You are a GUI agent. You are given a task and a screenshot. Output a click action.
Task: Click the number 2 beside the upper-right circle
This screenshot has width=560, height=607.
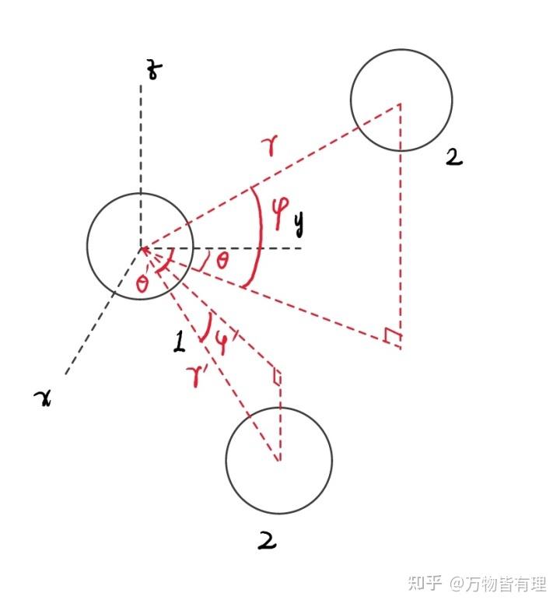tap(453, 158)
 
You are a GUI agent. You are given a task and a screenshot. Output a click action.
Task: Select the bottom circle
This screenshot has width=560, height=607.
tap(278, 461)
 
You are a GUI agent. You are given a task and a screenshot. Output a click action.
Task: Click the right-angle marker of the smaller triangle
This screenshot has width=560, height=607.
tap(276, 377)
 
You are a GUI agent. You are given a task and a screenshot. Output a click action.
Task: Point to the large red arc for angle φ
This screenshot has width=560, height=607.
tap(257, 233)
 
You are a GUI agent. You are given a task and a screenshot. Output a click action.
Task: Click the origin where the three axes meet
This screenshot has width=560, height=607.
tap(141, 248)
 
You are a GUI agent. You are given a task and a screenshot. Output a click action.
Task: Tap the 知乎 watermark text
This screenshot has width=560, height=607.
tap(425, 582)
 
